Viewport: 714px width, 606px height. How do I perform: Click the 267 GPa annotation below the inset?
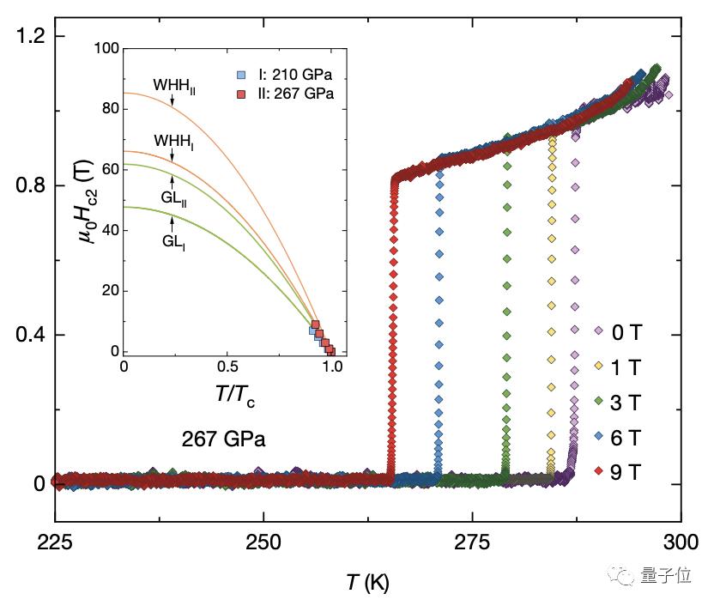click(223, 439)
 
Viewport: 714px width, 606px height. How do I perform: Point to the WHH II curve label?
click(175, 87)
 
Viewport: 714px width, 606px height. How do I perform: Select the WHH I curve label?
click(173, 140)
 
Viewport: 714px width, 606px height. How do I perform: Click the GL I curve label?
click(174, 241)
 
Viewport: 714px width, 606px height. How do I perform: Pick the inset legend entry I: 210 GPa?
click(285, 76)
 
